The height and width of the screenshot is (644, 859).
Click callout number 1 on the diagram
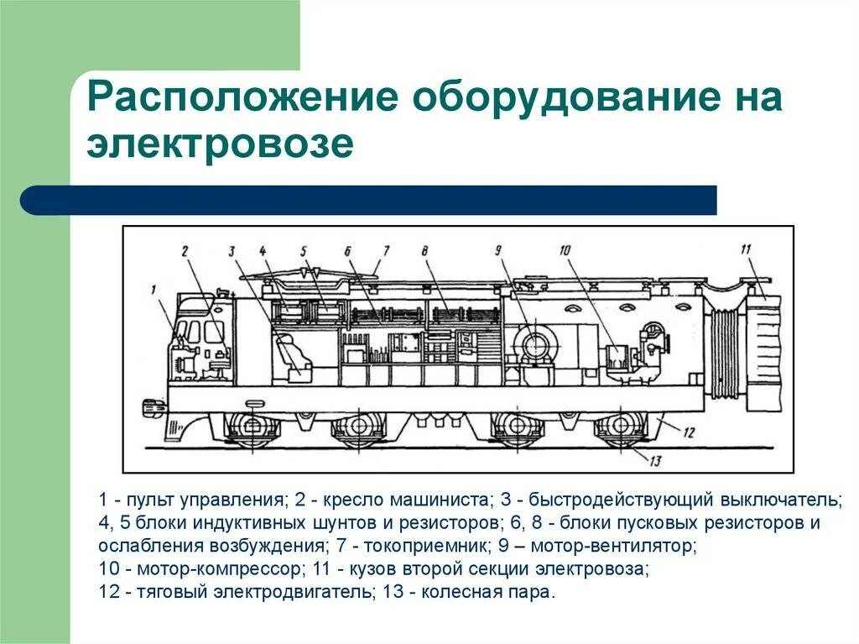click(x=154, y=291)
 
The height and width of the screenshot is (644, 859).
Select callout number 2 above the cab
click(x=185, y=250)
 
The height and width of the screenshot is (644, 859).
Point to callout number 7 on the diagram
click(x=386, y=250)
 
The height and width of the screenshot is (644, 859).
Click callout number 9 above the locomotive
click(x=497, y=250)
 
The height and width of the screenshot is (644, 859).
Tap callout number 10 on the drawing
click(x=565, y=250)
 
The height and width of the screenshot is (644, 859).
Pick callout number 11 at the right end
click(x=744, y=249)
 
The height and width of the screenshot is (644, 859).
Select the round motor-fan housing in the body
click(x=534, y=343)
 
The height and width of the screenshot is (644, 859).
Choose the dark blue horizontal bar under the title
click(x=369, y=200)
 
